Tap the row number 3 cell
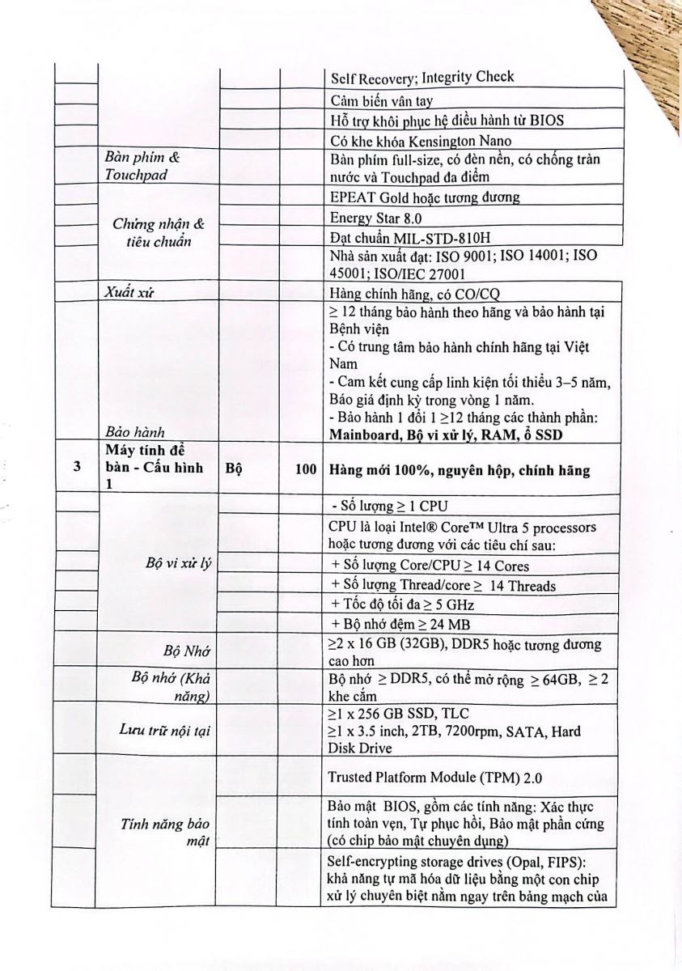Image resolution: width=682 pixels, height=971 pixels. (77, 466)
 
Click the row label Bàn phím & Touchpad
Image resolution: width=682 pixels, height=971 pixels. (141, 166)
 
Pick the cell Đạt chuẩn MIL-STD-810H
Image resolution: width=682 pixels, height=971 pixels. (409, 237)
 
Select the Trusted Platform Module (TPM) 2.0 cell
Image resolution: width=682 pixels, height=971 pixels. (434, 778)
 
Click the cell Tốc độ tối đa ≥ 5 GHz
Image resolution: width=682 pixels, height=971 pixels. (402, 604)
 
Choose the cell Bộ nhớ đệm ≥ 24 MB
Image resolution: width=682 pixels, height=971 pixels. (400, 624)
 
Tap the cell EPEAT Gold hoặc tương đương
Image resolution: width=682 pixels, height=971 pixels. (425, 197)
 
